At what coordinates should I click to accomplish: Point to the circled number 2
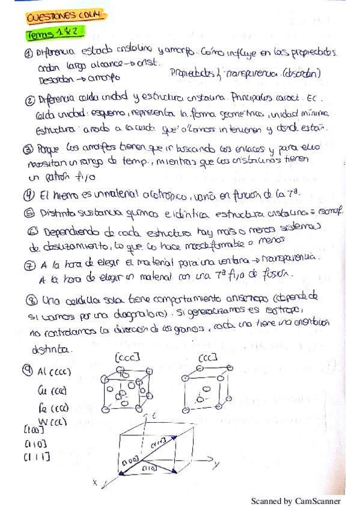coord(29,99)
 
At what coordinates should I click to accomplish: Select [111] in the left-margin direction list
coord(37,458)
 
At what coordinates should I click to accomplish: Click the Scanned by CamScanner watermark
coord(295,501)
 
